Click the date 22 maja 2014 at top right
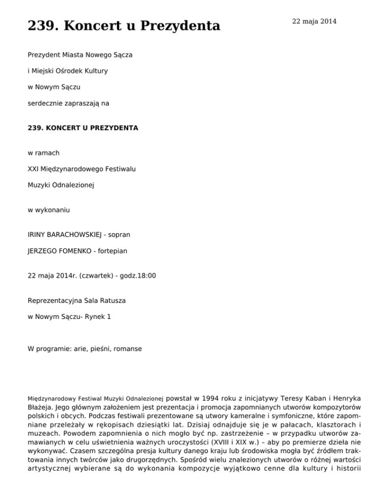click(x=314, y=21)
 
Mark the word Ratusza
click(x=113, y=301)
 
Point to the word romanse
click(x=128, y=349)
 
